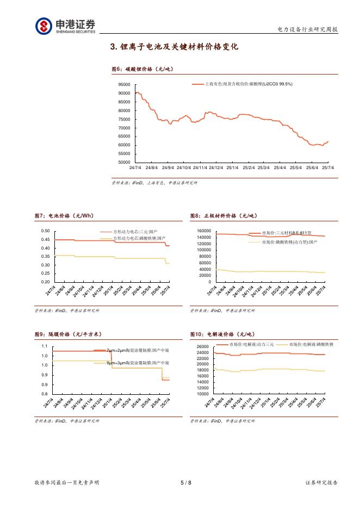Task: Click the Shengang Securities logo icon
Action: [x=44, y=26]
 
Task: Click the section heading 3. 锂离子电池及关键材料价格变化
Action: [x=174, y=47]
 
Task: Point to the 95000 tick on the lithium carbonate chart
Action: [x=124, y=85]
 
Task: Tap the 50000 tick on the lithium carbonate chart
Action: [x=124, y=162]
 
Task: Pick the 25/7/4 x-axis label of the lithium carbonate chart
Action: [x=327, y=167]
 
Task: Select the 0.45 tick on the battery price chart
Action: [x=45, y=240]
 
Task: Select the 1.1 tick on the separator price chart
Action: [x=45, y=346]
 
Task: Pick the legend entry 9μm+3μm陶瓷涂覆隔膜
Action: [x=137, y=362]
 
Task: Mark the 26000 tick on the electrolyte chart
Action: [x=202, y=347]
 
